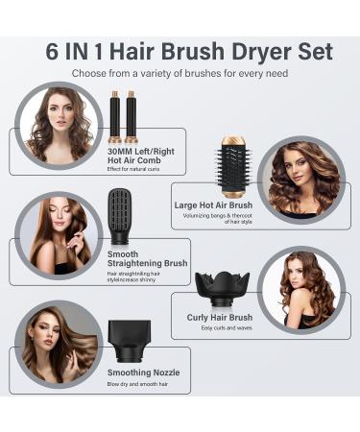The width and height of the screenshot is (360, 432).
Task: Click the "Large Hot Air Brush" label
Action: click(212, 204)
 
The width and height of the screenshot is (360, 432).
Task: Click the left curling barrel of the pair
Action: click(114, 115)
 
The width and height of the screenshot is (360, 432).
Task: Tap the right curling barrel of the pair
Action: click(130, 115)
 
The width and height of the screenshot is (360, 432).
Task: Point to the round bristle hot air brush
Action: click(234, 164)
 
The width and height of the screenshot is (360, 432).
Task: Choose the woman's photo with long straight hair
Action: click(58, 236)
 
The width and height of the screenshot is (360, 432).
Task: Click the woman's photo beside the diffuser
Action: click(300, 289)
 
